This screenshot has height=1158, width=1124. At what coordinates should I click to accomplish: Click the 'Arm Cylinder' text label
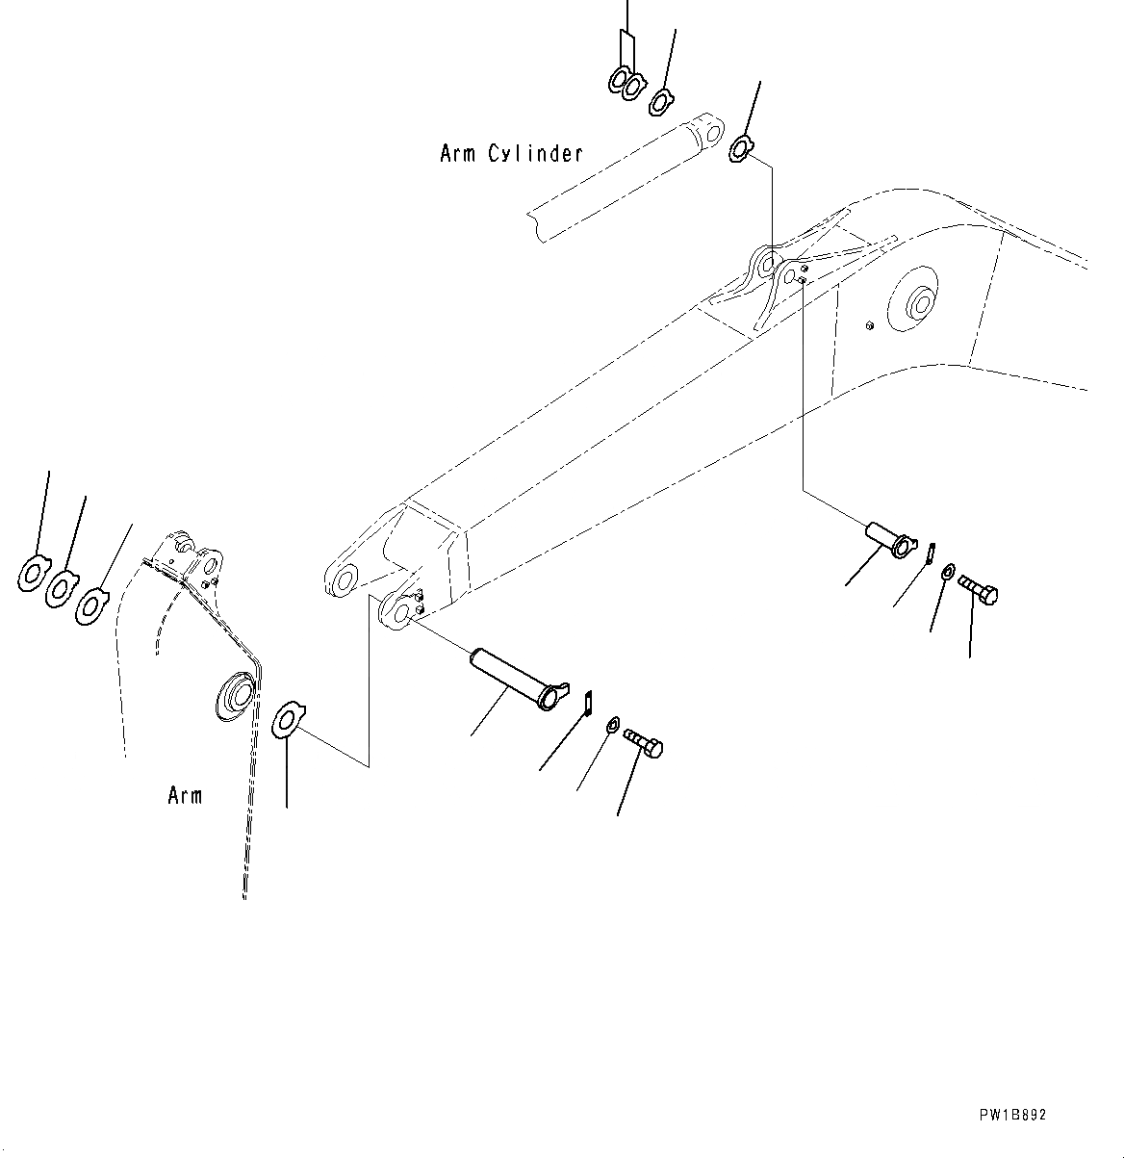click(x=511, y=153)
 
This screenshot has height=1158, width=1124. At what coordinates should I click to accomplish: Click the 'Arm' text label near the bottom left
click(x=185, y=796)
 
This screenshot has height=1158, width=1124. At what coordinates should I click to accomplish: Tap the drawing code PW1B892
click(x=1012, y=1116)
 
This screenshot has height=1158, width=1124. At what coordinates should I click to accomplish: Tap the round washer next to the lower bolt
click(x=613, y=725)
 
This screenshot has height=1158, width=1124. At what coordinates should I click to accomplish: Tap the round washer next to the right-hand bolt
click(x=948, y=573)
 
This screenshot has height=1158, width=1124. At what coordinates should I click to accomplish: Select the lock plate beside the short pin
click(x=931, y=553)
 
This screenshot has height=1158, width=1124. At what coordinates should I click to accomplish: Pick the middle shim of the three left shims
click(x=63, y=586)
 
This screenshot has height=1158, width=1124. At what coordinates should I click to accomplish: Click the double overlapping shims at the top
click(x=625, y=83)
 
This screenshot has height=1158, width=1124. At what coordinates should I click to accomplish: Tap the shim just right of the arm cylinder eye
click(x=741, y=149)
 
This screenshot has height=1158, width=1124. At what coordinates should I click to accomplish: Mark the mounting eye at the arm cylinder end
click(x=706, y=130)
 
